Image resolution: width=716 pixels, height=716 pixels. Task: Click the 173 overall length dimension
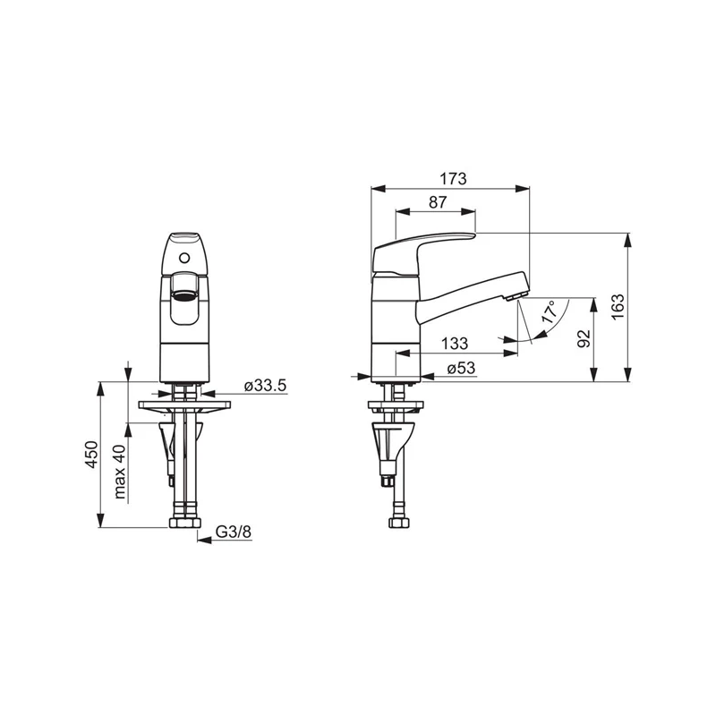[x=454, y=178]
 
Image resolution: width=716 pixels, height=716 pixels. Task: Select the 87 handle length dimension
[x=437, y=202]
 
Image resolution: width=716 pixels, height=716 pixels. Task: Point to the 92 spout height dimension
[x=584, y=338]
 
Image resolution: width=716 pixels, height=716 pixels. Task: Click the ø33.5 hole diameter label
[x=264, y=386]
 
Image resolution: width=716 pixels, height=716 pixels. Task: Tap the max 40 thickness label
[x=120, y=473]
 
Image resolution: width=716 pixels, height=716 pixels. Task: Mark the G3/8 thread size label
[x=234, y=533]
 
